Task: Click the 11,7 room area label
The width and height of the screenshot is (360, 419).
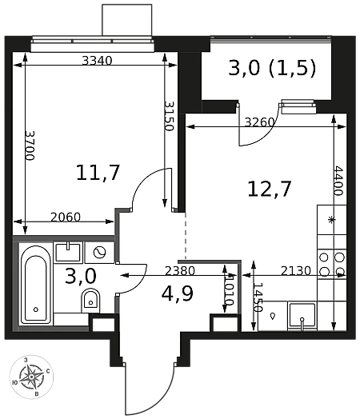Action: (98, 173)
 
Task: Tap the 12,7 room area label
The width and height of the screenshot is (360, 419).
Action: (270, 189)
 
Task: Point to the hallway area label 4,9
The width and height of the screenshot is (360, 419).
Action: (178, 293)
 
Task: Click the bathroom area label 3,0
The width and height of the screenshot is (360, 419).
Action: (81, 276)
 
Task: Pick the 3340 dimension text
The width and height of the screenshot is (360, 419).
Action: (97, 61)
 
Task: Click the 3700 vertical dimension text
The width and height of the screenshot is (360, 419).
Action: (30, 146)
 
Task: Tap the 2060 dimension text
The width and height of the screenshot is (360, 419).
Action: (66, 217)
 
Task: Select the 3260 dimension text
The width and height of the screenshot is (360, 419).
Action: (260, 122)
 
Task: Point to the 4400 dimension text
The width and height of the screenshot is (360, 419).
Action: (338, 181)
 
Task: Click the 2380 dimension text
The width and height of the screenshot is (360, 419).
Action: (180, 271)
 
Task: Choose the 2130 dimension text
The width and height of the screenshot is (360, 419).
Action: (296, 271)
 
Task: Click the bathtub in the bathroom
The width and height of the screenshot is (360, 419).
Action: (36, 285)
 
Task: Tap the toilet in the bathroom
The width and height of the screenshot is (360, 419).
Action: (90, 301)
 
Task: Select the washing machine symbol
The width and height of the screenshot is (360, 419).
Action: (99, 252)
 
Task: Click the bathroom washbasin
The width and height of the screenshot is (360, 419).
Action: (68, 251)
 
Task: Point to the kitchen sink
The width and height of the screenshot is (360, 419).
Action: (302, 316)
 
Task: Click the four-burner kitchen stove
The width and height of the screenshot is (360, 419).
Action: (332, 265)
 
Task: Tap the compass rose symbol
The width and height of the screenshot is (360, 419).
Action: (31, 377)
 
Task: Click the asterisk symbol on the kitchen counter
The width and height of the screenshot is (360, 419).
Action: (332, 220)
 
